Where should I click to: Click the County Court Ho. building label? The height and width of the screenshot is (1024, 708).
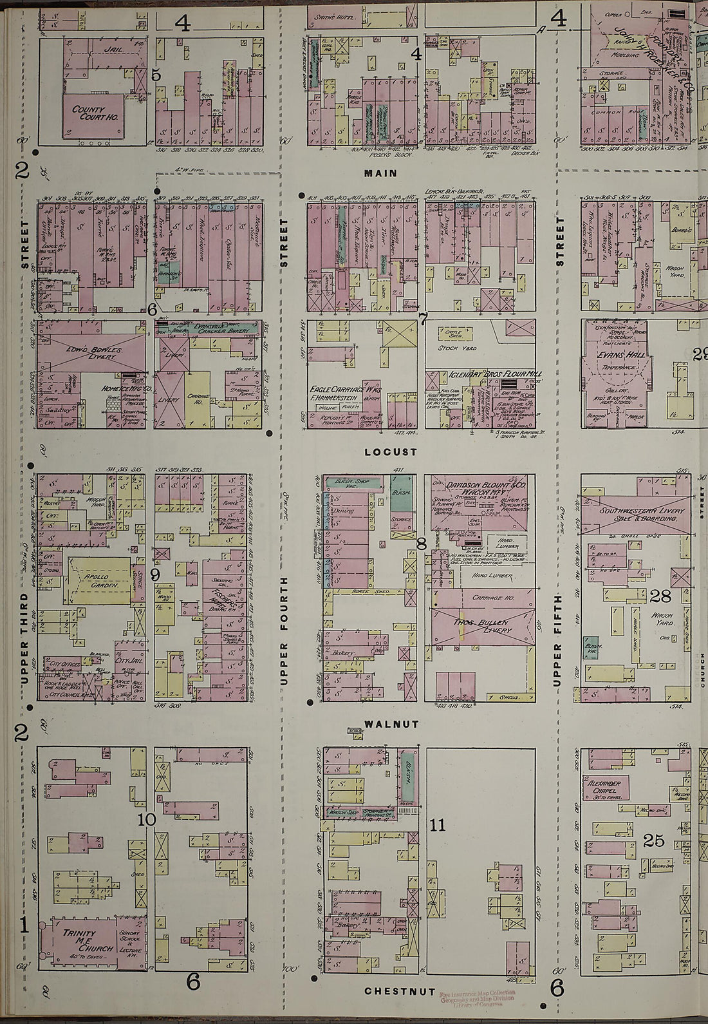(94, 113)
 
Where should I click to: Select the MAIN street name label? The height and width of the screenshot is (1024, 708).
(380, 173)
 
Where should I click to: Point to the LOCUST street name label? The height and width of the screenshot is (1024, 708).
(391, 452)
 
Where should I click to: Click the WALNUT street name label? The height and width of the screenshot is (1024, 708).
(391, 724)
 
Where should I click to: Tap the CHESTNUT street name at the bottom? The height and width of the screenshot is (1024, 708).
(400, 991)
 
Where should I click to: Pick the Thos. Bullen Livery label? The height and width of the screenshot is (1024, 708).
(481, 626)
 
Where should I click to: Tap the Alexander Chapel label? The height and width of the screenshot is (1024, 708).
(604, 787)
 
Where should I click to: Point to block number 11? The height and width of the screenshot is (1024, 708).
(438, 825)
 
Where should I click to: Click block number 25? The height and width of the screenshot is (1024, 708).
(653, 840)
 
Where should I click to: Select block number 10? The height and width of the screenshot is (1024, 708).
(147, 819)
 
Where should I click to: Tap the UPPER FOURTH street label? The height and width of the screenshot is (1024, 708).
(283, 631)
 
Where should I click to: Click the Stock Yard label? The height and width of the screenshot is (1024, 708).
(456, 348)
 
